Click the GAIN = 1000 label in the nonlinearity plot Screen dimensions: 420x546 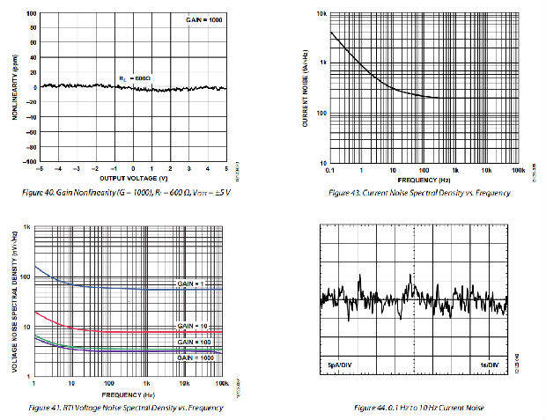tap(203, 19)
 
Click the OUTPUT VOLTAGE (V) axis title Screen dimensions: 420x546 tap(132, 179)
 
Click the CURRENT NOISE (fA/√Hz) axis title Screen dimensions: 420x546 tap(305, 88)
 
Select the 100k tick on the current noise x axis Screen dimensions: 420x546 tap(518, 170)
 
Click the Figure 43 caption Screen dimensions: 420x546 tap(418, 192)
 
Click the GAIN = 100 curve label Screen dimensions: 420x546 tap(193, 341)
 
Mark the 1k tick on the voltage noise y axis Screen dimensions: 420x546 tap(27, 228)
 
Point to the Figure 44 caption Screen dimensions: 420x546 tap(418, 408)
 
